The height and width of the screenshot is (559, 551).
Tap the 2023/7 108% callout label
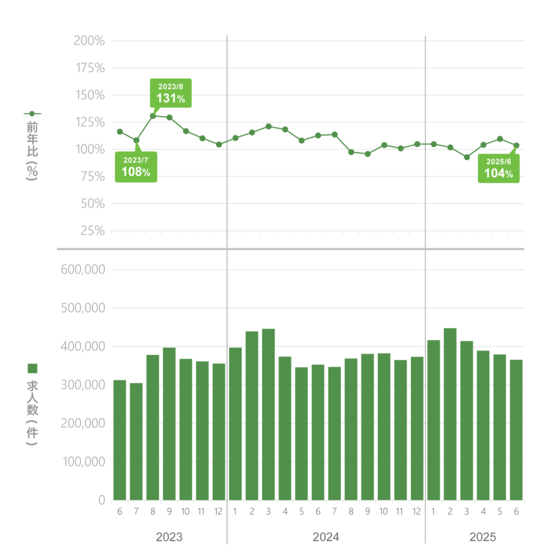click(135, 166)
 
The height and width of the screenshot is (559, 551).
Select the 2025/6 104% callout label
click(499, 168)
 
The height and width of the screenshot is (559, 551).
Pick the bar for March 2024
click(268, 414)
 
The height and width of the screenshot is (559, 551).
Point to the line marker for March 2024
click(269, 127)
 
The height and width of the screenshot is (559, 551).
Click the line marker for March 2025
click(466, 157)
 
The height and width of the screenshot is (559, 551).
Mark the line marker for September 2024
click(368, 154)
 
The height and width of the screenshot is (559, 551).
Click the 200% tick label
click(89, 41)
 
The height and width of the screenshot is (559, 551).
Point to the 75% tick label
click(92, 176)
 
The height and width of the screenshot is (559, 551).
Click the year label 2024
click(325, 537)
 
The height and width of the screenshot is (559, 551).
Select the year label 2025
click(483, 537)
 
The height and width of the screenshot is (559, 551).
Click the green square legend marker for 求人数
click(32, 368)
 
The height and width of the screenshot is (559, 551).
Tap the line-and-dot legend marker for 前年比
click(32, 114)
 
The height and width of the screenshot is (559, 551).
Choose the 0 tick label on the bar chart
click(102, 500)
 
